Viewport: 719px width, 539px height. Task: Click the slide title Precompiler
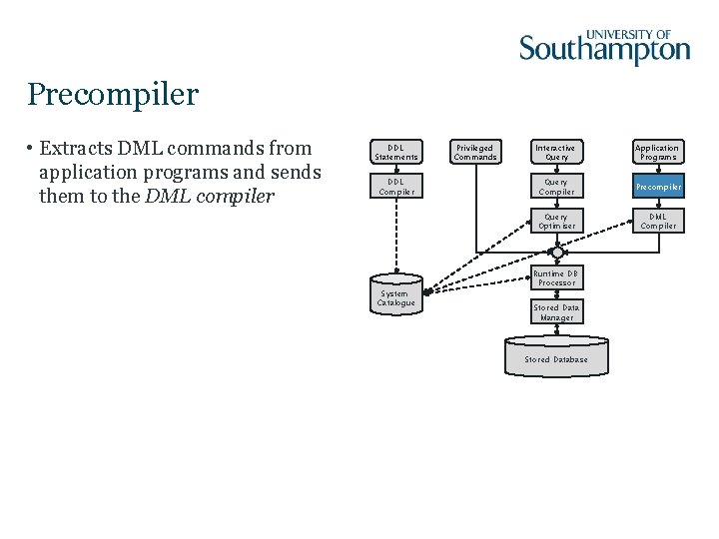(113, 95)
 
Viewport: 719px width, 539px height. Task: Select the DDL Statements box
(396, 152)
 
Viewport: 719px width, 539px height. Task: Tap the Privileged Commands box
(474, 152)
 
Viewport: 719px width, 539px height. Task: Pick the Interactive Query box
(556, 152)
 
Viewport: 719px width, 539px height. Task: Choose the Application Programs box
(657, 152)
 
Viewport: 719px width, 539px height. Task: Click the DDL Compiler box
(396, 187)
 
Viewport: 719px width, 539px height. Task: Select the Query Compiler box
(556, 187)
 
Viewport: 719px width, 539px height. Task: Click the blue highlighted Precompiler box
(657, 187)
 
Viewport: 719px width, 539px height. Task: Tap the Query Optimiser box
(556, 222)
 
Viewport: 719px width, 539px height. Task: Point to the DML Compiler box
(657, 222)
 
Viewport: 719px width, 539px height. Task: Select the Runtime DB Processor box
(556, 278)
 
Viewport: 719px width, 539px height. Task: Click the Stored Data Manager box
(556, 313)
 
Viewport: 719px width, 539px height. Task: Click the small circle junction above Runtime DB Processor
(556, 253)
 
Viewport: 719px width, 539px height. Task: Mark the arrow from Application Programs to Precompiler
(657, 169)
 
